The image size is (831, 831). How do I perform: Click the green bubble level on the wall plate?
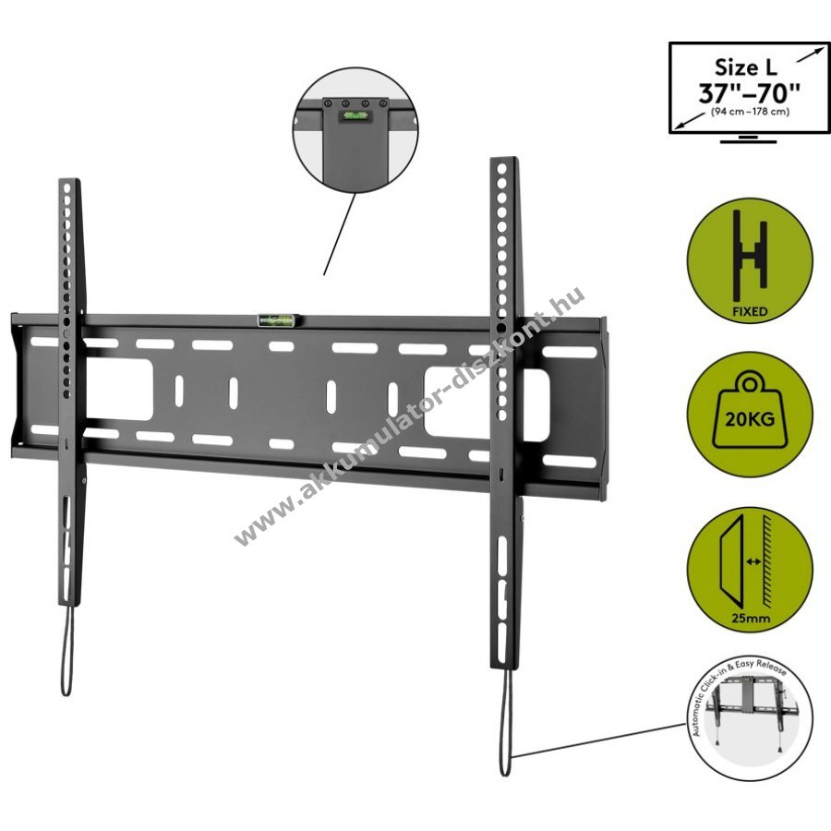277,319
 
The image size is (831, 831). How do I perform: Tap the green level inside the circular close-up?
353,114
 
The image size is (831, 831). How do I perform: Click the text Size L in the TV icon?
746,67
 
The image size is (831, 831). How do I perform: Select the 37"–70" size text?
749,93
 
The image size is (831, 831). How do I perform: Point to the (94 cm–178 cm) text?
750,112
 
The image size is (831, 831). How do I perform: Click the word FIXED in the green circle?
750,311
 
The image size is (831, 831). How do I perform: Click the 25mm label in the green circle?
751,618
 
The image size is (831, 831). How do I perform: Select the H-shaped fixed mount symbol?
750,256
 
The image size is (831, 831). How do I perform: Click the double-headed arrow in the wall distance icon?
753,561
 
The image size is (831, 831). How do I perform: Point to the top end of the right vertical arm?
503,159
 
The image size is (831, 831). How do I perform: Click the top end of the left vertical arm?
69,180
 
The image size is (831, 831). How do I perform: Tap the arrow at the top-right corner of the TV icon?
811,54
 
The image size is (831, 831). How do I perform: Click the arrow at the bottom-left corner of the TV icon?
689,121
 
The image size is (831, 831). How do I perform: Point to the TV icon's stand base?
749,140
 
